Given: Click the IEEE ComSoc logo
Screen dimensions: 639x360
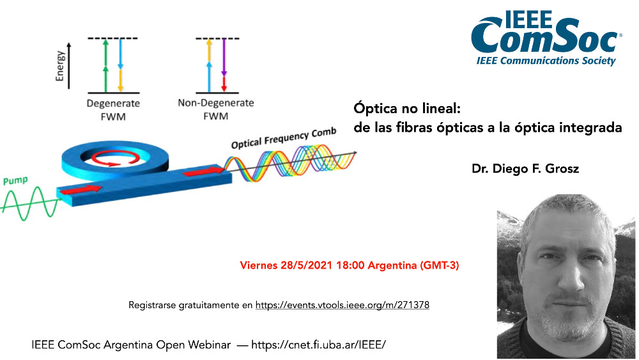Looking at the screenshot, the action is click(546, 38).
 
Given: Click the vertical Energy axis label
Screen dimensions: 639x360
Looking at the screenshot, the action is click(60, 66).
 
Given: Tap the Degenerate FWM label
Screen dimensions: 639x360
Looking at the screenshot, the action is click(113, 110).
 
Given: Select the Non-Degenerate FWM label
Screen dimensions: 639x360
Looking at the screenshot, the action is click(215, 109).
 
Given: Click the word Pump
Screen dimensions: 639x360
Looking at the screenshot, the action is click(15, 180).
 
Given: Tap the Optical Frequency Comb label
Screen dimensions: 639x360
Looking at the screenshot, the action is click(284, 138).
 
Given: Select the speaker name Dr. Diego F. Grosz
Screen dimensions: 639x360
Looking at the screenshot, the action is click(525, 168).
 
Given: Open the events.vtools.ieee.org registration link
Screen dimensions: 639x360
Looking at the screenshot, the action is click(343, 305).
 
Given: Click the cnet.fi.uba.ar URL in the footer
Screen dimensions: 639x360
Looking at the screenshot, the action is click(318, 345).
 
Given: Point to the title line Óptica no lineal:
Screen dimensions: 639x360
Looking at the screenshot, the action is click(406, 109).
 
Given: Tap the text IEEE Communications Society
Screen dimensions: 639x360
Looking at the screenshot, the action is click(546, 61).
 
